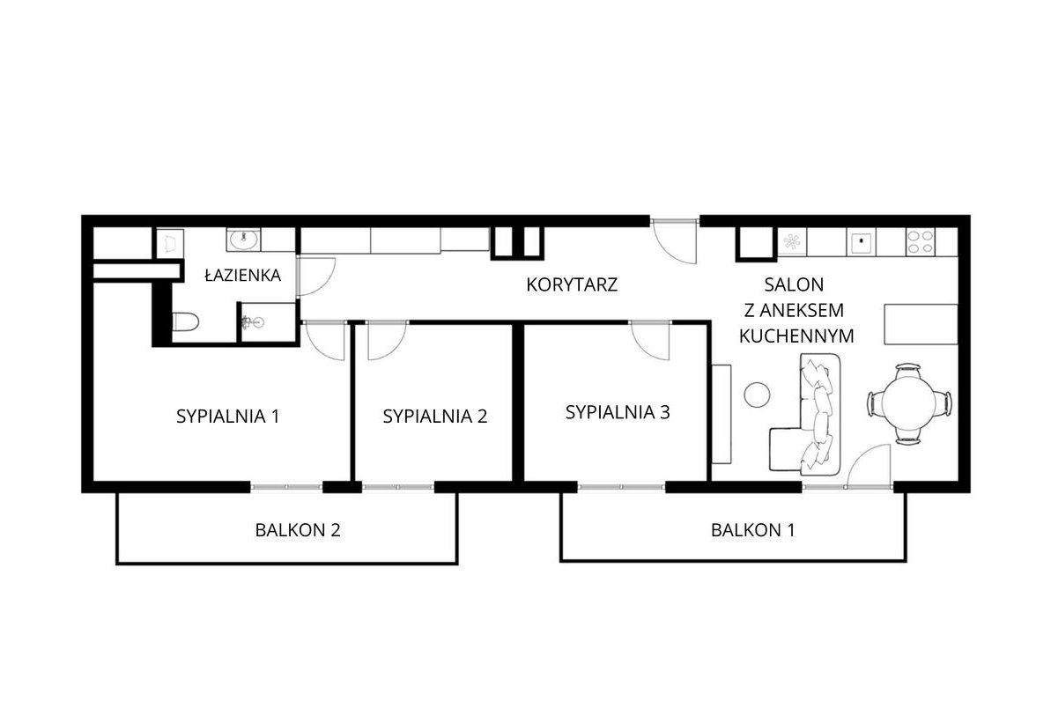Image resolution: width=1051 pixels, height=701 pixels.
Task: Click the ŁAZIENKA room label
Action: [x=242, y=276]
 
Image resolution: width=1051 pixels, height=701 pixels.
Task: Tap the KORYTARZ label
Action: [x=572, y=284]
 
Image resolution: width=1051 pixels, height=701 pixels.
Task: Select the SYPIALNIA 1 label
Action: [x=227, y=416]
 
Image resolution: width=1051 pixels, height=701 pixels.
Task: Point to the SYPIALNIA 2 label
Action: [x=434, y=417]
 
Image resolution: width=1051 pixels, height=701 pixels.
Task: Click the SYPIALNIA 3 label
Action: [x=618, y=411]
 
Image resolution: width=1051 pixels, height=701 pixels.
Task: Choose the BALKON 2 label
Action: [x=297, y=530]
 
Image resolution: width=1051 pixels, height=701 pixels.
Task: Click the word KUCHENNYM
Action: [x=796, y=336]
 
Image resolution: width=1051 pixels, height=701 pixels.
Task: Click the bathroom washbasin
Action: [x=242, y=239]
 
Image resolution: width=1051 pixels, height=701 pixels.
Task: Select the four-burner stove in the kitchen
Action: [x=920, y=241]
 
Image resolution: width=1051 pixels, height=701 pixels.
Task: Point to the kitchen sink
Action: [x=860, y=240]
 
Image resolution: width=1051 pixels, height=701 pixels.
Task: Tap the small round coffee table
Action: [x=758, y=394]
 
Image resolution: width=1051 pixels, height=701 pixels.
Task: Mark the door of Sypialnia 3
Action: [x=652, y=339]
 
